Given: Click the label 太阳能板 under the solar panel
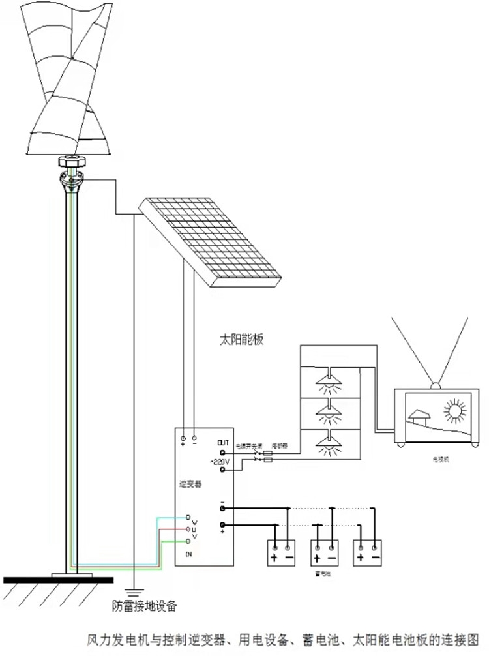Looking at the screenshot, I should click(241, 340).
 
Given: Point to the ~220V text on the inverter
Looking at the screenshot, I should click(219, 462).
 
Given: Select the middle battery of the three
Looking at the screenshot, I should click(324, 553).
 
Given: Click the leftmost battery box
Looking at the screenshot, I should click(282, 553).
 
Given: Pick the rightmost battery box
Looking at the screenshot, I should click(367, 553).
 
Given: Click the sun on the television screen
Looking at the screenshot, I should click(454, 410).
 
